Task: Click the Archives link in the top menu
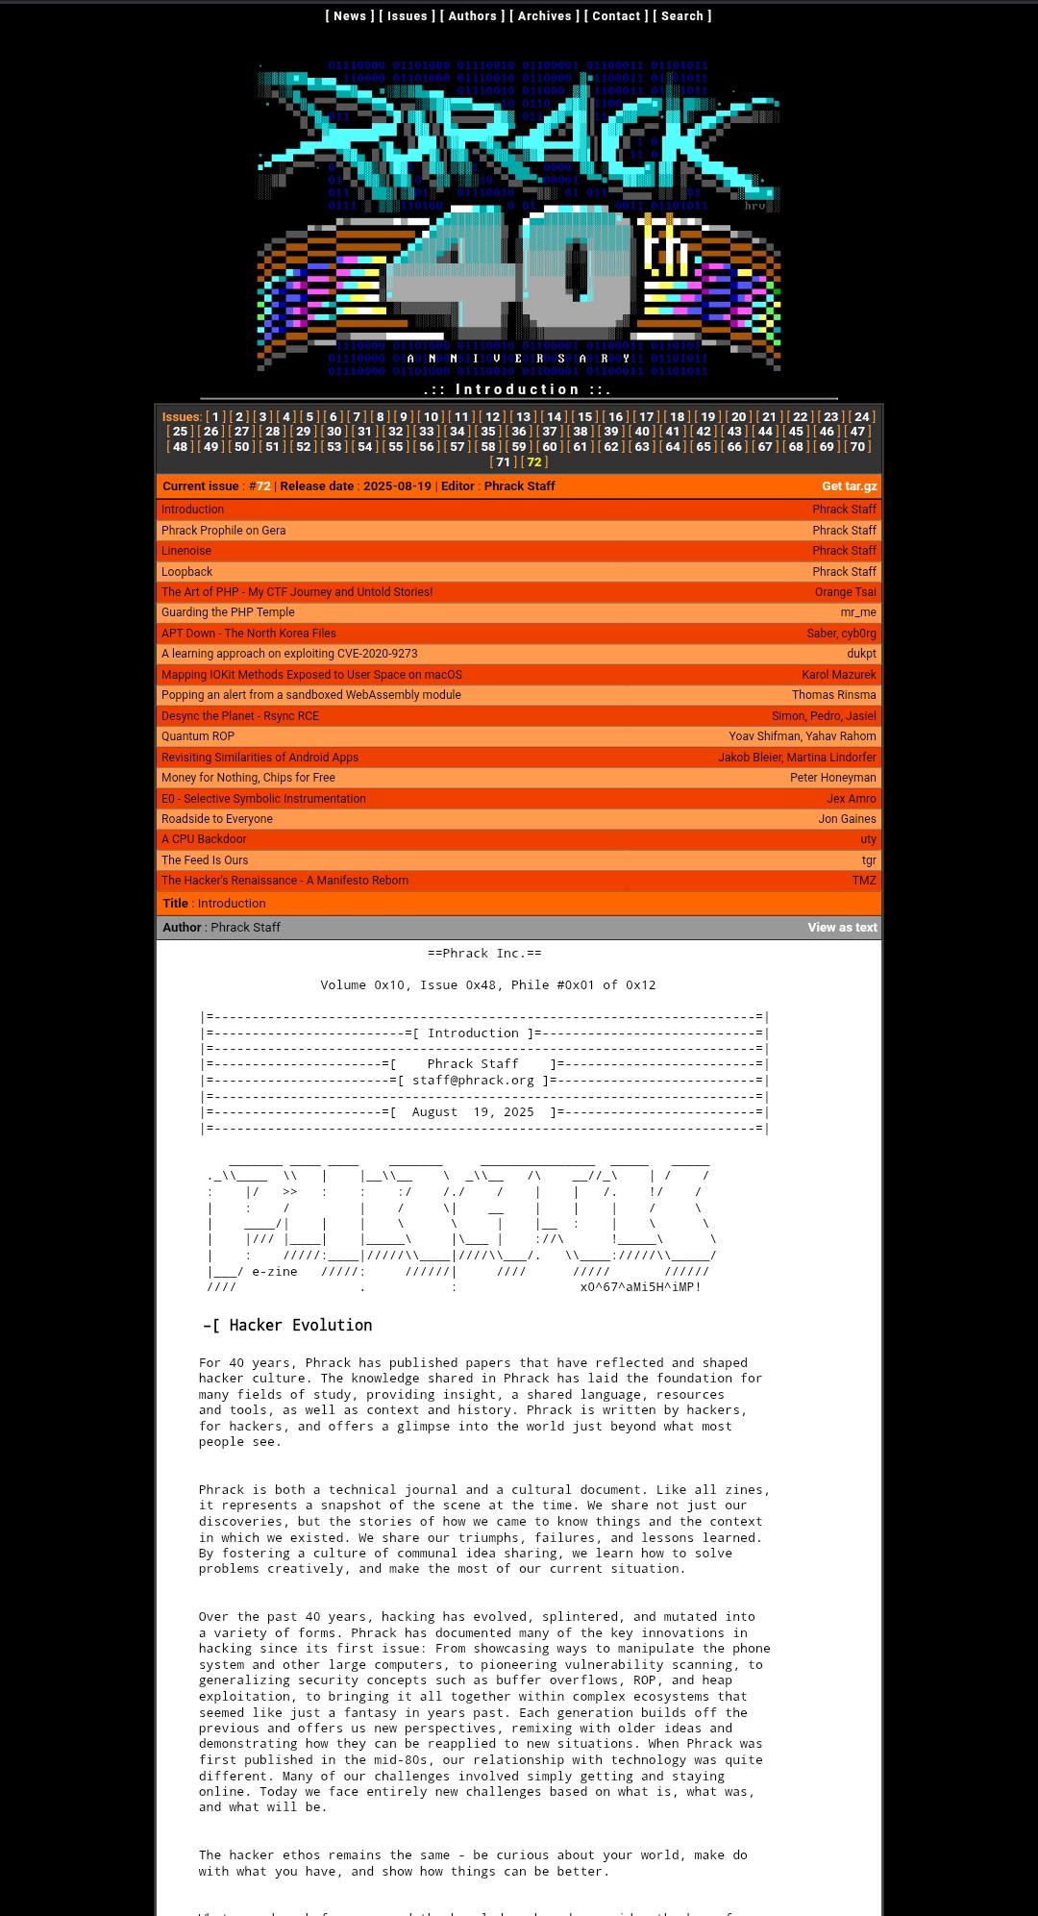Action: pyautogui.click(x=544, y=16)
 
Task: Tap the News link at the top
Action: pyautogui.click(x=350, y=16)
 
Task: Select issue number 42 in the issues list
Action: pyautogui.click(x=704, y=432)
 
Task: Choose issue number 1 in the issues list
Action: pyautogui.click(x=215, y=417)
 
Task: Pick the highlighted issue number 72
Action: pyautogui.click(x=534, y=462)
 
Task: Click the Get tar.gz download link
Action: pyautogui.click(x=849, y=486)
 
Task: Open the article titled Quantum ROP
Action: pyautogui.click(x=198, y=736)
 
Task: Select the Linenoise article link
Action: pyautogui.click(x=186, y=551)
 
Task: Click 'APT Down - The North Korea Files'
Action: pyautogui.click(x=249, y=634)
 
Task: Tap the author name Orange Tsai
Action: pyautogui.click(x=845, y=592)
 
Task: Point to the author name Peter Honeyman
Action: pyautogui.click(x=832, y=778)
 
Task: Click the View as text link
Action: pyautogui.click(x=842, y=928)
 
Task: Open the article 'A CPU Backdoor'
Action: pyautogui.click(x=204, y=839)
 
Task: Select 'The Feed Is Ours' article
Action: pyautogui.click(x=205, y=860)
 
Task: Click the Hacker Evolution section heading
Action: pyautogui.click(x=300, y=1326)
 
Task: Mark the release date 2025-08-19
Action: pyautogui.click(x=397, y=486)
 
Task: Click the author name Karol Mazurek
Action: pyautogui.click(x=839, y=675)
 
